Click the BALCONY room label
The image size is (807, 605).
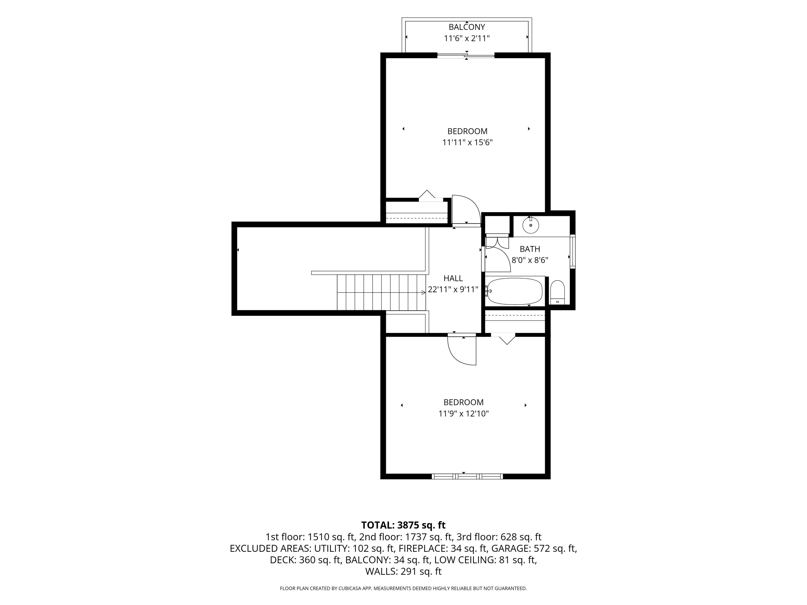coord(467,27)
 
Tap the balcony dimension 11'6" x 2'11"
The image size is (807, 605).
coord(467,38)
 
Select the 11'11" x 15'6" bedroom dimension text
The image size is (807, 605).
coord(467,142)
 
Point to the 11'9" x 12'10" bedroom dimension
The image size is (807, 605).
coord(463,414)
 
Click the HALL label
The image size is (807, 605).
coord(453,278)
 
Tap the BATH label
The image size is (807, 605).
coord(530,249)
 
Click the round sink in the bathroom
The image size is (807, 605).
coord(530,225)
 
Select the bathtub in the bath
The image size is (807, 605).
coord(515,291)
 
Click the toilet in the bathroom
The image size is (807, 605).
coord(557,292)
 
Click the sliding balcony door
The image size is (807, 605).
coord(466,56)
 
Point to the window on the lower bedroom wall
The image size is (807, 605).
coord(467,476)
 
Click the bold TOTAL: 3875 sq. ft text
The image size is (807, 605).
coord(403,525)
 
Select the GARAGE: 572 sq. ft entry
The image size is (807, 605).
coord(534,549)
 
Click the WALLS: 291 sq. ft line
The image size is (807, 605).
coord(403,571)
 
